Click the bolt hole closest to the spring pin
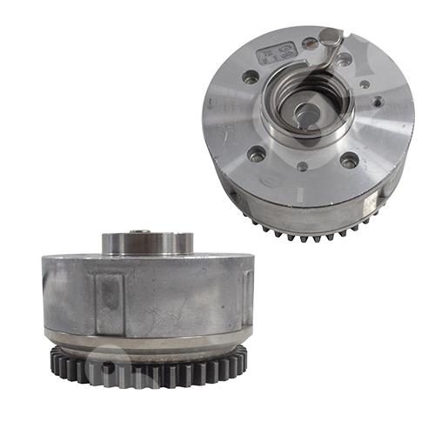click(345, 59)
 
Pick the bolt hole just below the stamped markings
click(251, 77)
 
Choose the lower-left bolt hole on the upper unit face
click(258, 155)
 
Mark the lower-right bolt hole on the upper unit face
click(349, 161)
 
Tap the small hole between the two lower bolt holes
click(302, 166)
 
